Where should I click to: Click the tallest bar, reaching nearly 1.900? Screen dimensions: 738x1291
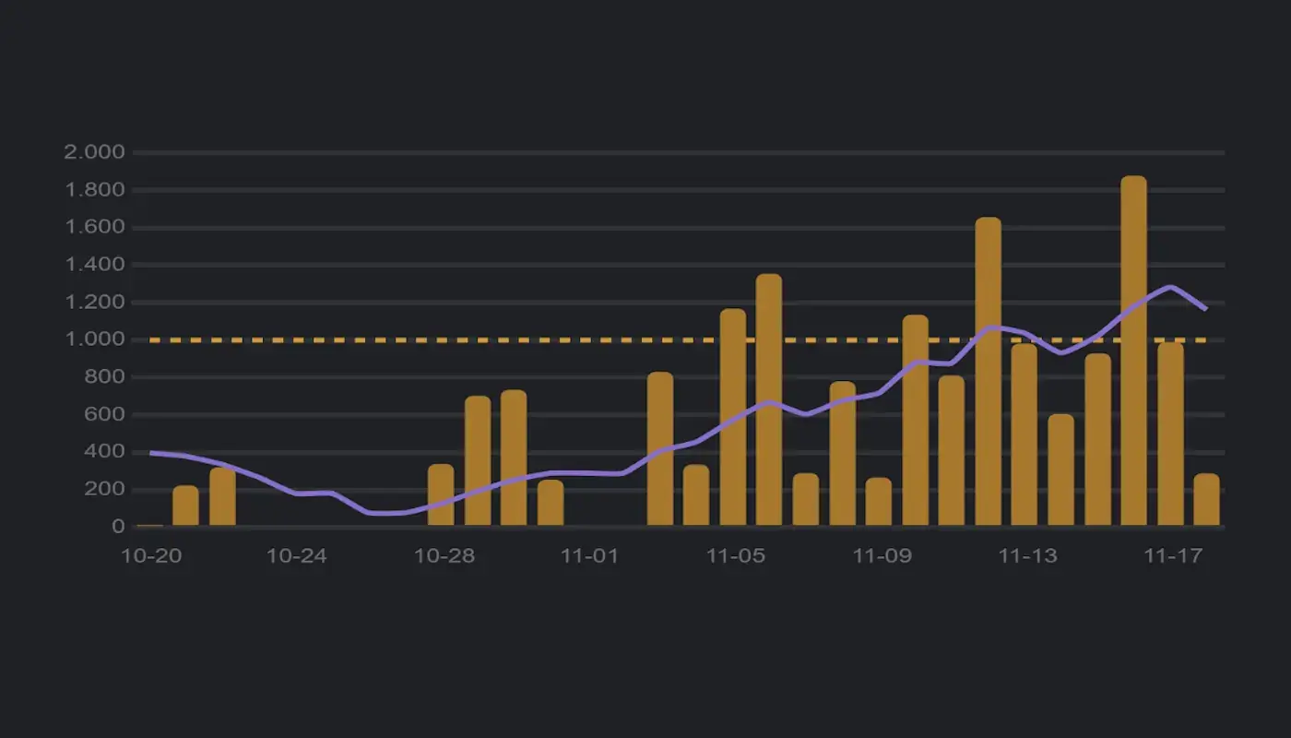coord(1133,351)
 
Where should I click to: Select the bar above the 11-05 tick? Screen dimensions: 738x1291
coord(733,417)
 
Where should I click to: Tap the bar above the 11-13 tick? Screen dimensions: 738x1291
coord(1024,434)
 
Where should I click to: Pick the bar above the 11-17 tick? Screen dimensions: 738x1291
coord(1170,434)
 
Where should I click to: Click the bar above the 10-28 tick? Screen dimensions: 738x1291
coord(441,494)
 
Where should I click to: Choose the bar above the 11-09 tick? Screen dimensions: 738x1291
coord(879,501)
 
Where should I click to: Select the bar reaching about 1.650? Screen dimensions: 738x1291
coord(988,371)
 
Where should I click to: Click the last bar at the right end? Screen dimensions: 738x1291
coord(1206,499)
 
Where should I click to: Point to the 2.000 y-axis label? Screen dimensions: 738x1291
coord(94,152)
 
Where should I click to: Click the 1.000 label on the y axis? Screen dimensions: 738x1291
coord(94,339)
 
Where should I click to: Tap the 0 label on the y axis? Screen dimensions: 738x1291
coord(118,527)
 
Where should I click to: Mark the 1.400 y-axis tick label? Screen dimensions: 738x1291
coord(94,265)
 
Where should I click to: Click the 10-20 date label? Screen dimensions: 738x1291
coord(150,556)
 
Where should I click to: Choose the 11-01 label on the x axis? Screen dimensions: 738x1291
coord(587,556)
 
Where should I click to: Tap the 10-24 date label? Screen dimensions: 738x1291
coord(296,556)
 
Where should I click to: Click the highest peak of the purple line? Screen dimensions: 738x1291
coord(1170,287)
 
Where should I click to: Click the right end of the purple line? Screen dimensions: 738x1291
coord(1206,309)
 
